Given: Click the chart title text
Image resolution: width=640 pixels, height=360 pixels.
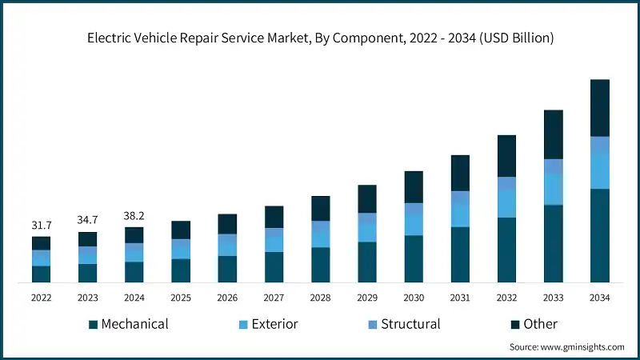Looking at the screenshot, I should tap(320, 38).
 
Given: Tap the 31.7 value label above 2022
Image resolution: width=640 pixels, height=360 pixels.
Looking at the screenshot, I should tap(41, 226).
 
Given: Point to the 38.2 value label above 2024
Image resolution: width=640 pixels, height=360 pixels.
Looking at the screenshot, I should tap(134, 216).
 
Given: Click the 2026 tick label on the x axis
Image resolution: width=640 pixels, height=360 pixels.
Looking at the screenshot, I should tap(227, 298).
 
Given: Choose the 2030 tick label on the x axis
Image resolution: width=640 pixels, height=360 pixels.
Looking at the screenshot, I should tap(413, 298).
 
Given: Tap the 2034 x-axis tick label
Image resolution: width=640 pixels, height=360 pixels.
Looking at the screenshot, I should tap(599, 298).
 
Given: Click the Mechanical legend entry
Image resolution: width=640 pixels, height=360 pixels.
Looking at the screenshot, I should tap(128, 324).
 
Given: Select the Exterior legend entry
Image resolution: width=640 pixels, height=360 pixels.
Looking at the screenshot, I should tap(267, 324).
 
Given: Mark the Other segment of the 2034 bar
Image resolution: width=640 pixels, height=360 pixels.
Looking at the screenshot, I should tap(599, 108).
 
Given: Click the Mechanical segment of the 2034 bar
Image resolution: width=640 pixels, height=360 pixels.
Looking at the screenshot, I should tap(599, 235).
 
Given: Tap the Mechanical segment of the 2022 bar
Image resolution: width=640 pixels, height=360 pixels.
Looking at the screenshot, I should tap(41, 274).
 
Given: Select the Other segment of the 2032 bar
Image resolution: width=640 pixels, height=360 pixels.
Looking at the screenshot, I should tap(506, 156).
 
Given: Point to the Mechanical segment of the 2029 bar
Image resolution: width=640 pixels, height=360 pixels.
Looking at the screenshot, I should tap(366, 262).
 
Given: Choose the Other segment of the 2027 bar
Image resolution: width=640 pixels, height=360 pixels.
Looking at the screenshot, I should tap(274, 217).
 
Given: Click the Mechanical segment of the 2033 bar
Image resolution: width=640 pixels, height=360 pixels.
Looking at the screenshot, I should tap(553, 243).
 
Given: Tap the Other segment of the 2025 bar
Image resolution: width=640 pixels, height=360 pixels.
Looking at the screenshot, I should tap(181, 230).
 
